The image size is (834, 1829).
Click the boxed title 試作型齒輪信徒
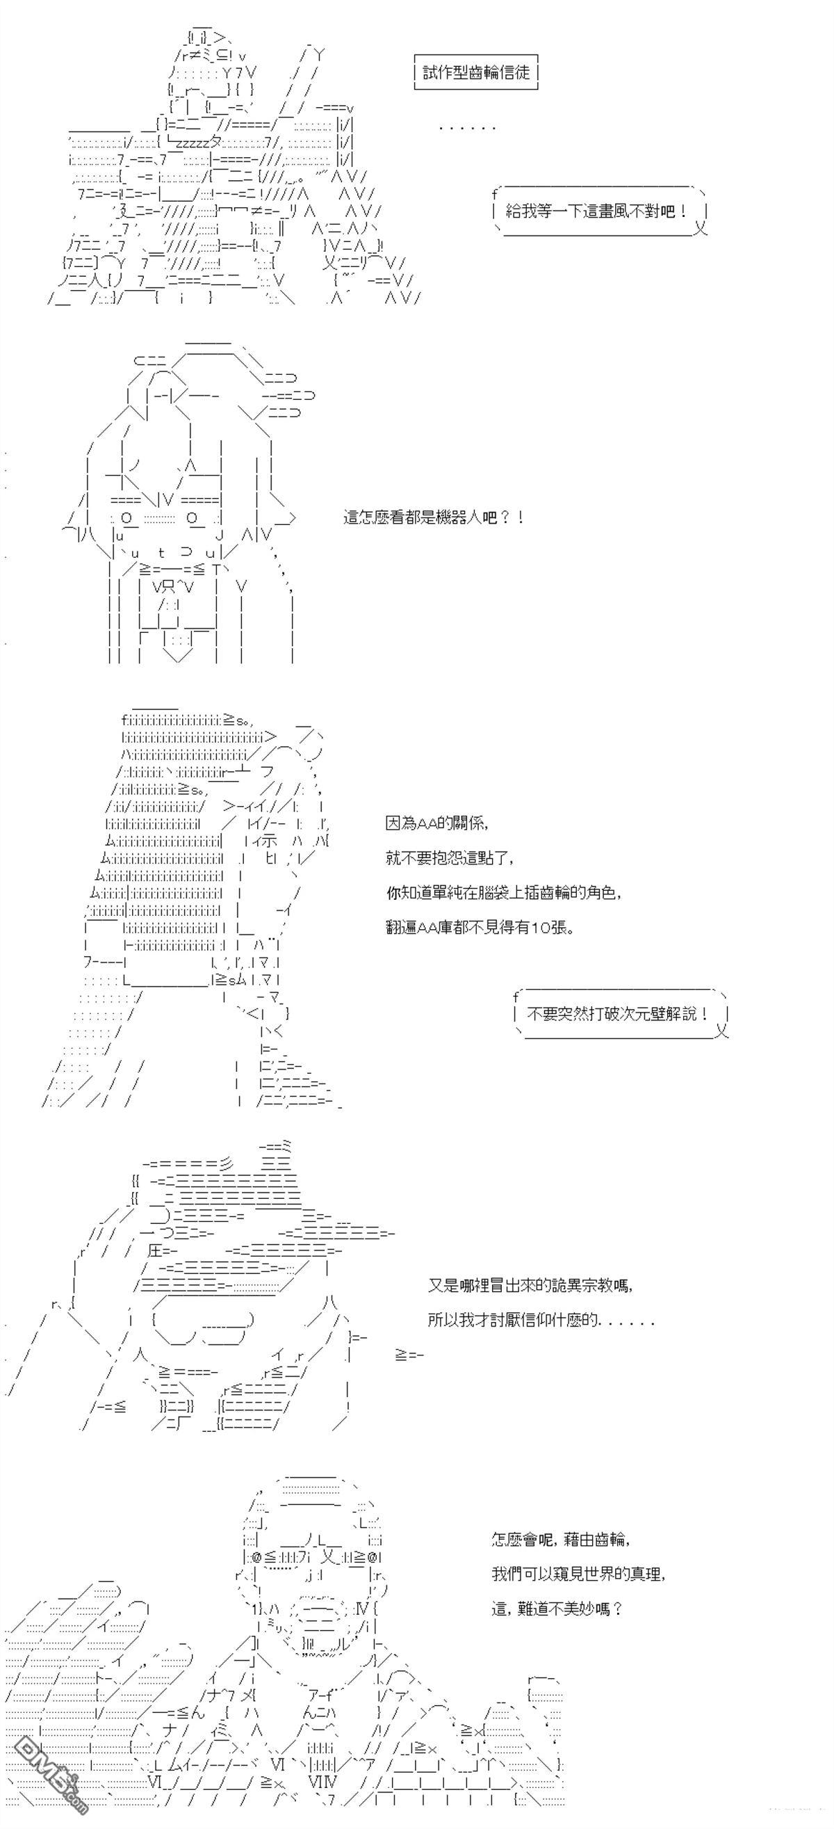[475, 72]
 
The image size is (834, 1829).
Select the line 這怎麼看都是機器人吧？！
[434, 517]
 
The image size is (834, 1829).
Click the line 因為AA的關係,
[437, 823]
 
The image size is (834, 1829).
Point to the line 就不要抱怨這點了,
[449, 857]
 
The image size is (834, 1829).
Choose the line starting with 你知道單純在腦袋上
[504, 892]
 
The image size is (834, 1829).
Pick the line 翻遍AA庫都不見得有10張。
[480, 927]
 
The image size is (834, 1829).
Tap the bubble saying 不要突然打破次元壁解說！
[618, 1014]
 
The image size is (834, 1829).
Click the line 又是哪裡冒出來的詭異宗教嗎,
[530, 1285]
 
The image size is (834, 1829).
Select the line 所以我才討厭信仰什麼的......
[540, 1321]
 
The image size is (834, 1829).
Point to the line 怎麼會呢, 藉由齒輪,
[560, 1539]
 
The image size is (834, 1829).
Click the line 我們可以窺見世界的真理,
[578, 1573]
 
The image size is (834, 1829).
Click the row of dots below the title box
[466, 128]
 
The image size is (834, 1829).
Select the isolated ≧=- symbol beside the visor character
[409, 1355]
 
